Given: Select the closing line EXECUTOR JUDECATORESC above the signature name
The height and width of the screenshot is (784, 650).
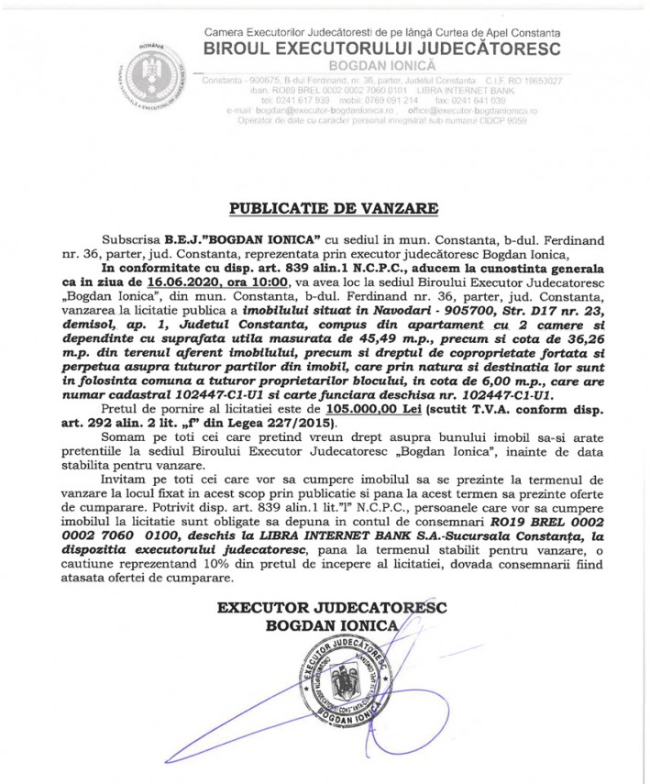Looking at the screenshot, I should pos(325,608).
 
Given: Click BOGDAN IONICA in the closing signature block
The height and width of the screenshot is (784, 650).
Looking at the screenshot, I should pos(325,626).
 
